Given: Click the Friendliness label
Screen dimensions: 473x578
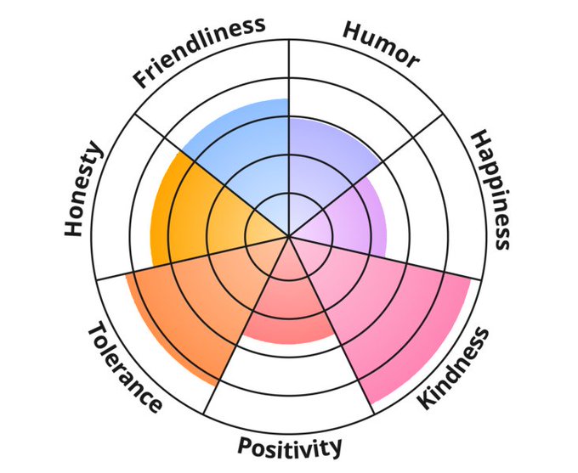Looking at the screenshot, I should pos(197,51).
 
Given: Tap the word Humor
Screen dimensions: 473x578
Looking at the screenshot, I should pos(382,43).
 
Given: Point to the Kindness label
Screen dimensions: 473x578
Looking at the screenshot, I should pos(454,367).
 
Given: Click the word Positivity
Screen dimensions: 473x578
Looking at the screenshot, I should pos(290,446).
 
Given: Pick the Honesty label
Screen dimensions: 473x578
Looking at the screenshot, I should pos(83,190).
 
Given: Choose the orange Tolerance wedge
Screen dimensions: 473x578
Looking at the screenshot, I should pos(187,306).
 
